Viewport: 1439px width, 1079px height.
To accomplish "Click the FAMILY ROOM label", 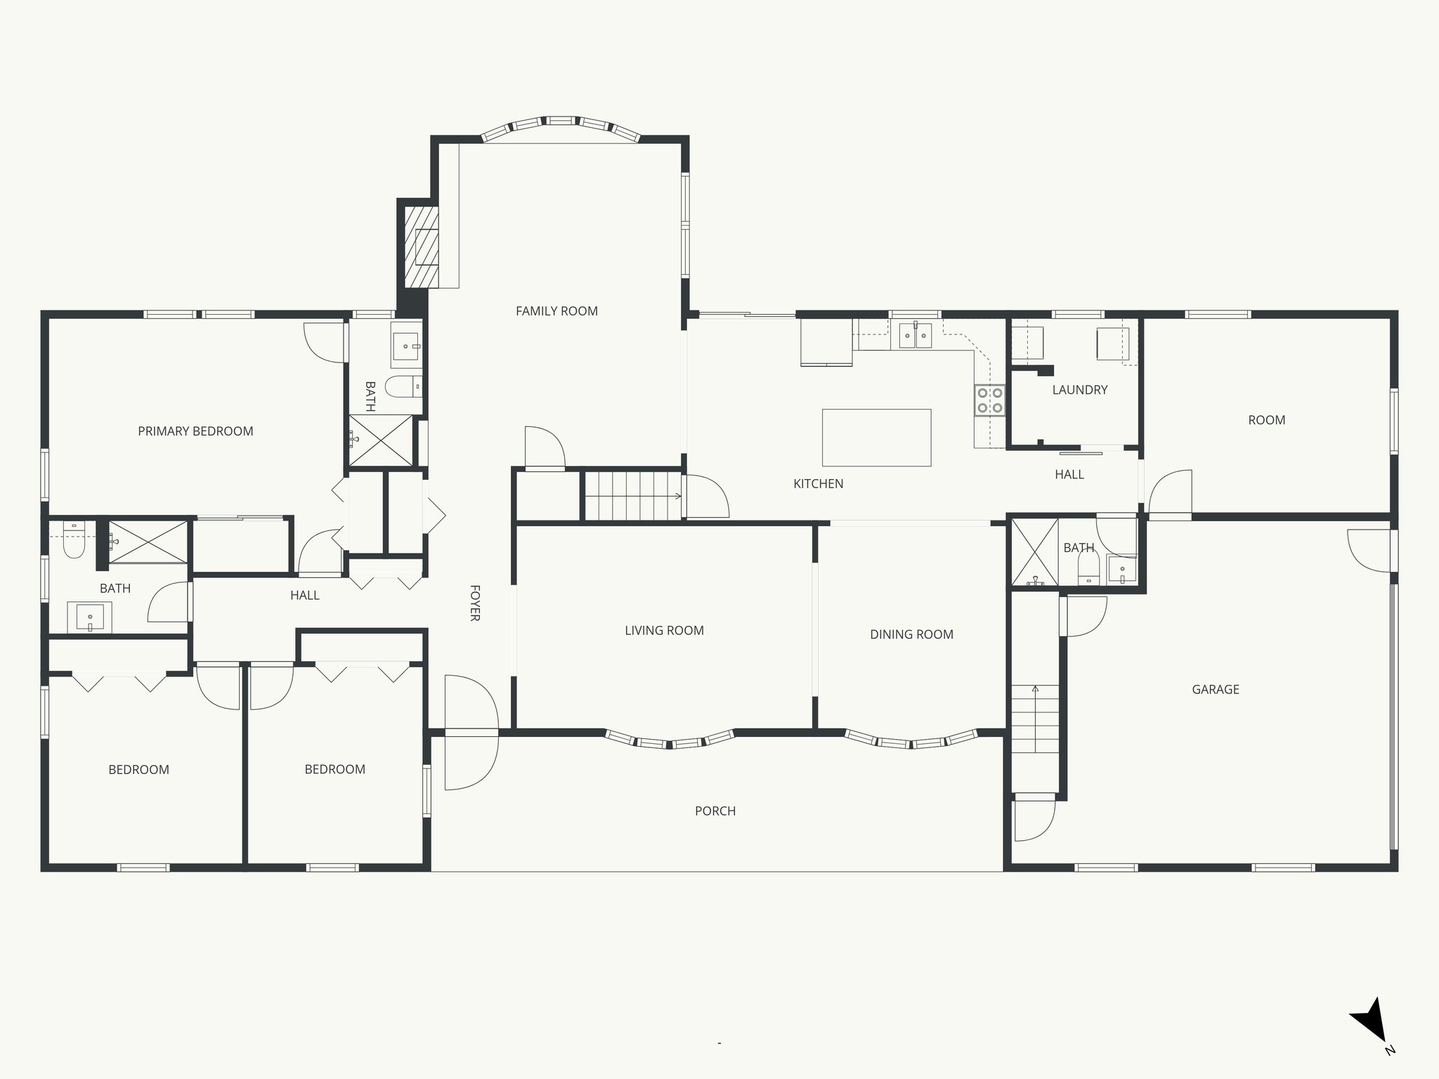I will [x=556, y=311].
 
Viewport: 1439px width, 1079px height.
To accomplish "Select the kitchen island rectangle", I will [x=876, y=438].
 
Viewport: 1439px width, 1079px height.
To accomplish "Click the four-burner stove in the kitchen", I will [x=989, y=400].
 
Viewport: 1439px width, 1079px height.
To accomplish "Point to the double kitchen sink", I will [x=915, y=336].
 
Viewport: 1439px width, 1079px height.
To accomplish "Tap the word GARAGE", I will [x=1215, y=690].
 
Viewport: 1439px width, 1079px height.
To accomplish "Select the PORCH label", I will [x=715, y=811].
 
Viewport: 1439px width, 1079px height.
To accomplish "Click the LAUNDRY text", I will [x=1079, y=390].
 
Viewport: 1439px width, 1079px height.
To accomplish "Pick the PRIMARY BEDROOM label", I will [x=195, y=431].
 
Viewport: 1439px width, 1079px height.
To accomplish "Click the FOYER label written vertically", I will [x=474, y=603].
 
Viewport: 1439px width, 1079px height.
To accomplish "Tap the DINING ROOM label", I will [x=911, y=634].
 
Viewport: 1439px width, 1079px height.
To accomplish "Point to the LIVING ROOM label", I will [x=664, y=631].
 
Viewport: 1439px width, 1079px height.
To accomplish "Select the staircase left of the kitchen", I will [x=632, y=496].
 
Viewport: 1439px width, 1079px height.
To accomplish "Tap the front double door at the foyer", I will [x=471, y=732].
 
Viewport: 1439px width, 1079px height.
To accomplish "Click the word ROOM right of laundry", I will [x=1266, y=420].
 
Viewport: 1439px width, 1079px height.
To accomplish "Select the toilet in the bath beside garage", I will [x=1088, y=567].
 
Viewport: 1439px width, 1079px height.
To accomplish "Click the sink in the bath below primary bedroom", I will [x=89, y=617].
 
